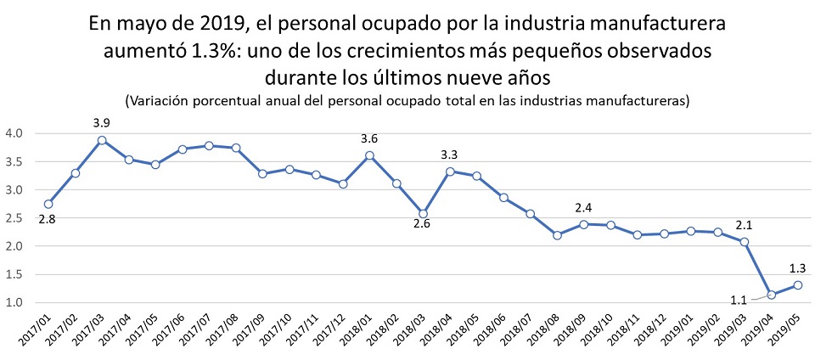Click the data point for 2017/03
(x=102, y=141)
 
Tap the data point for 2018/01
(x=369, y=155)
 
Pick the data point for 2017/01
(x=48, y=204)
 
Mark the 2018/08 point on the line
(x=557, y=235)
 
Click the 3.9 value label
(x=102, y=123)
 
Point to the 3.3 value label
(x=450, y=155)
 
